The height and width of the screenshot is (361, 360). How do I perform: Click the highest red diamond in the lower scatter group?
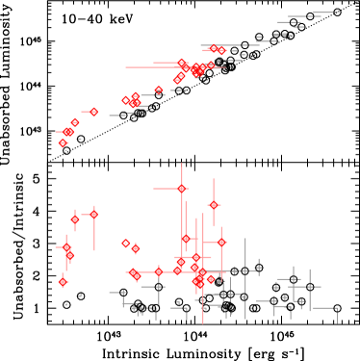tap(181, 189)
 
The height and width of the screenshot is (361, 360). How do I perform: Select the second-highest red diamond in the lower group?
tap(214, 205)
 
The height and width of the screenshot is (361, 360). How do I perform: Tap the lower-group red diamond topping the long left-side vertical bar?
tap(93, 214)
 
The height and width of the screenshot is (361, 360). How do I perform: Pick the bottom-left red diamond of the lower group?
tap(63, 282)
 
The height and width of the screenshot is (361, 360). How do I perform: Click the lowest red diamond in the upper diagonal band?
tap(63, 143)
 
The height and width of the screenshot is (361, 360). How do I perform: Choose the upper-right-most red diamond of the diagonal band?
tap(221, 51)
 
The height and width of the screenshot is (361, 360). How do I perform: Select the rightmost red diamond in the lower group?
tap(221, 243)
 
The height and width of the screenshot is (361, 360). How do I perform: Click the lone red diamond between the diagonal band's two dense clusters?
tap(159, 90)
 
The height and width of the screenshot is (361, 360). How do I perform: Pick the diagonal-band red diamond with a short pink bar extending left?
tap(93, 112)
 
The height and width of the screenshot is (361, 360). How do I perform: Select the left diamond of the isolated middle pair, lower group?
tap(125, 244)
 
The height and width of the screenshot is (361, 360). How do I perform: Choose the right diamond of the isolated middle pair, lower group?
tap(135, 248)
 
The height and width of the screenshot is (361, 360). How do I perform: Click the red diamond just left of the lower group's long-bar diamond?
tap(75, 219)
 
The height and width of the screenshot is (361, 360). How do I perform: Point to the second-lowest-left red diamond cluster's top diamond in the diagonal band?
tap(75, 122)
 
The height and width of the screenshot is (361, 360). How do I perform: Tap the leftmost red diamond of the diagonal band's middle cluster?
tap(125, 100)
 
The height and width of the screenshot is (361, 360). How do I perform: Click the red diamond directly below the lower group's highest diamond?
tap(186, 239)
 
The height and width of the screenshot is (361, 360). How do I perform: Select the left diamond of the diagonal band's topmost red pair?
tap(213, 48)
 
